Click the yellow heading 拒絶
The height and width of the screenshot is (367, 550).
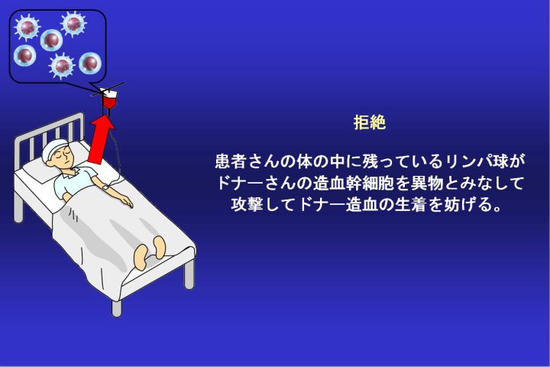pyautogui.click(x=370, y=122)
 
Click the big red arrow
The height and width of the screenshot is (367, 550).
pyautogui.click(x=101, y=140)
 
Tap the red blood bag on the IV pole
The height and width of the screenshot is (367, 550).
pyautogui.click(x=108, y=101)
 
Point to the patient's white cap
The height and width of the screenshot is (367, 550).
pyautogui.click(x=54, y=148)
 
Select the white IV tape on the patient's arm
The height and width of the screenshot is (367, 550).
pyautogui.click(x=105, y=188)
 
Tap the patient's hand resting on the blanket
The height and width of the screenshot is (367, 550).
pyautogui.click(x=126, y=203)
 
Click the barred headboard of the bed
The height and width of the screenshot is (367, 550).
pyautogui.click(x=49, y=135)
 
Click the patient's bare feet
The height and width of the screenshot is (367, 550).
pyautogui.click(x=149, y=252)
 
